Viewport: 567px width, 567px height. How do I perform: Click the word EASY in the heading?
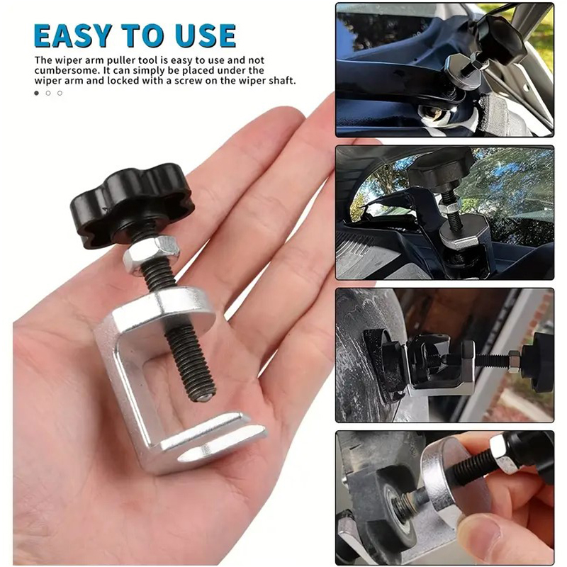coord(72,35)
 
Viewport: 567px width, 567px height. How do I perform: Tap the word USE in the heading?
coord(206,35)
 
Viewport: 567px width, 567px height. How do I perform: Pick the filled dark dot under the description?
coord(37,93)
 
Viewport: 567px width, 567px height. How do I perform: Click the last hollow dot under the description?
coord(60,93)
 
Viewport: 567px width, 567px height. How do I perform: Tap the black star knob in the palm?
coord(132,204)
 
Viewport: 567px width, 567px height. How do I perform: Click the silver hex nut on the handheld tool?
coord(152,255)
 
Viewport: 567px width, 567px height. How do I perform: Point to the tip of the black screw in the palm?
coord(205,397)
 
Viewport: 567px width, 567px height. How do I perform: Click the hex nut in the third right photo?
coord(513,361)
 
